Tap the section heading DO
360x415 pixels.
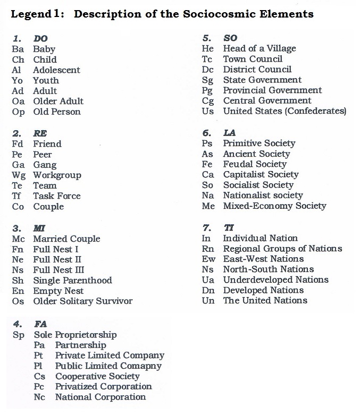pos(40,39)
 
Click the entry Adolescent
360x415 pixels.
pos(56,70)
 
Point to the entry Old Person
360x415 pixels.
pos(56,112)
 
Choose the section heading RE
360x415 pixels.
pos(40,133)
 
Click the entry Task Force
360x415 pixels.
pos(56,196)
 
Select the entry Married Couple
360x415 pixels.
pos(66,239)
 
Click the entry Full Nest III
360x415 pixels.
pos(58,270)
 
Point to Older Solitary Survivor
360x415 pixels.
pos(82,301)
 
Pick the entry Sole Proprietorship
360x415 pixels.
pos(75,335)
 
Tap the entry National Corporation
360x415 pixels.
pos(100,397)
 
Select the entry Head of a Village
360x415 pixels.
pos(259,48)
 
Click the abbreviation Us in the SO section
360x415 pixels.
pos(207,111)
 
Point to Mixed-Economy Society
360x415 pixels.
pos(274,206)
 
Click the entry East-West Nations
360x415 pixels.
pos(263,259)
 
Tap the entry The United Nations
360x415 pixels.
pos(265,301)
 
